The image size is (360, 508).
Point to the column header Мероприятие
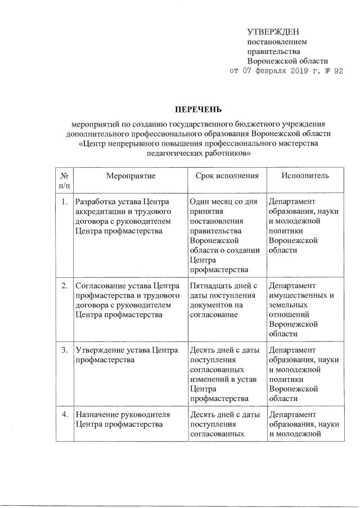(x=130, y=176)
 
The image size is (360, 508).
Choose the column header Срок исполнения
(x=227, y=176)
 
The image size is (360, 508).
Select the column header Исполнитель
(x=305, y=176)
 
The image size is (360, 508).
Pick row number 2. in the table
(x=64, y=286)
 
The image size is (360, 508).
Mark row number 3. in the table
(x=64, y=350)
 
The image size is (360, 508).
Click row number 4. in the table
(x=64, y=415)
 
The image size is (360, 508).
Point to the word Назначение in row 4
(x=97, y=415)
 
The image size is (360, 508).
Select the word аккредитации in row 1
(x=98, y=212)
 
